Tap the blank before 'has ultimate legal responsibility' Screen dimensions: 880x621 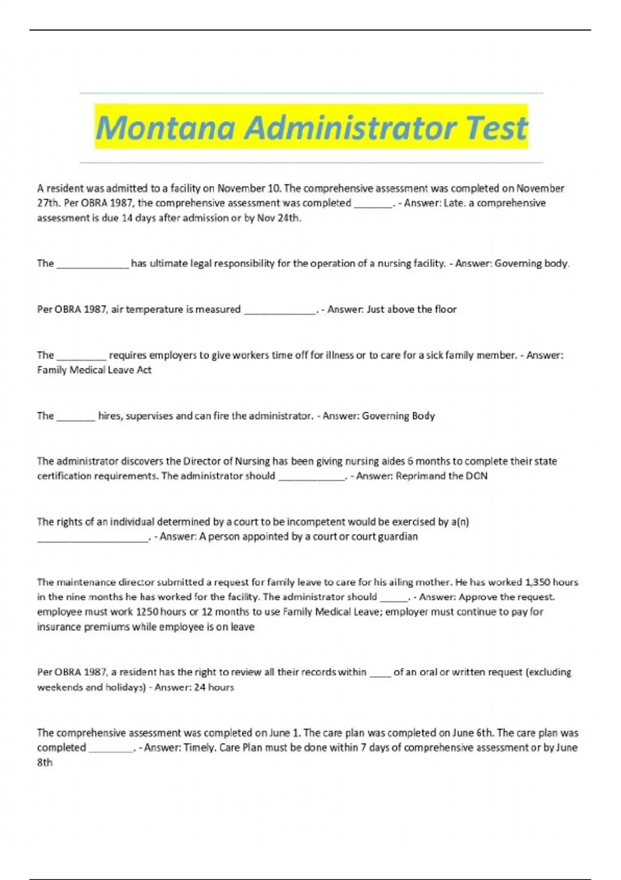click(x=93, y=264)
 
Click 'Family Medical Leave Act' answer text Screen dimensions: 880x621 click(x=94, y=370)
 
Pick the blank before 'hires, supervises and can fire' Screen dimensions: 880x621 click(x=76, y=416)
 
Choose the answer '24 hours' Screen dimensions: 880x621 click(x=214, y=687)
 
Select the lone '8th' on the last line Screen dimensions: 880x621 click(x=45, y=762)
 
